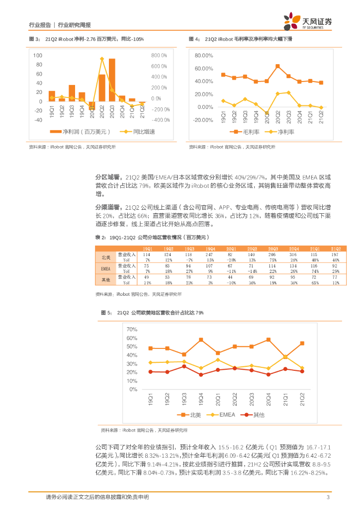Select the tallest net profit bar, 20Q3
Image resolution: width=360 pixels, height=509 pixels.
pos(112,80)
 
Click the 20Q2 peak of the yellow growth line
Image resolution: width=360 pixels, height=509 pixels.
pos(101,59)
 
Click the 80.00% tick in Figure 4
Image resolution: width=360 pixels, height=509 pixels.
pos(204,55)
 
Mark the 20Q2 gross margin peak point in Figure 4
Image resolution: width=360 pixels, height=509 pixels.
pos(277,66)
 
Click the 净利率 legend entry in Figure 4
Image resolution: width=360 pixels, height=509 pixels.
pos(281,132)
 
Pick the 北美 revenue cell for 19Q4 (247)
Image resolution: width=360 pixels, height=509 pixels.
pos(210,254)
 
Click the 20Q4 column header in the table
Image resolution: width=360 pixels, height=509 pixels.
pos(294,249)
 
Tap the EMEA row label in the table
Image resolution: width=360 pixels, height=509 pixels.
pos(105,268)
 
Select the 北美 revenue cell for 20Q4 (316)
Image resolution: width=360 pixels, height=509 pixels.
pos(294,254)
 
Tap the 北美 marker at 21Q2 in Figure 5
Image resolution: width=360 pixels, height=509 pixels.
pos(302,343)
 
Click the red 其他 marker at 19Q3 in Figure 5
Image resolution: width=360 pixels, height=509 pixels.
pos(184,366)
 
